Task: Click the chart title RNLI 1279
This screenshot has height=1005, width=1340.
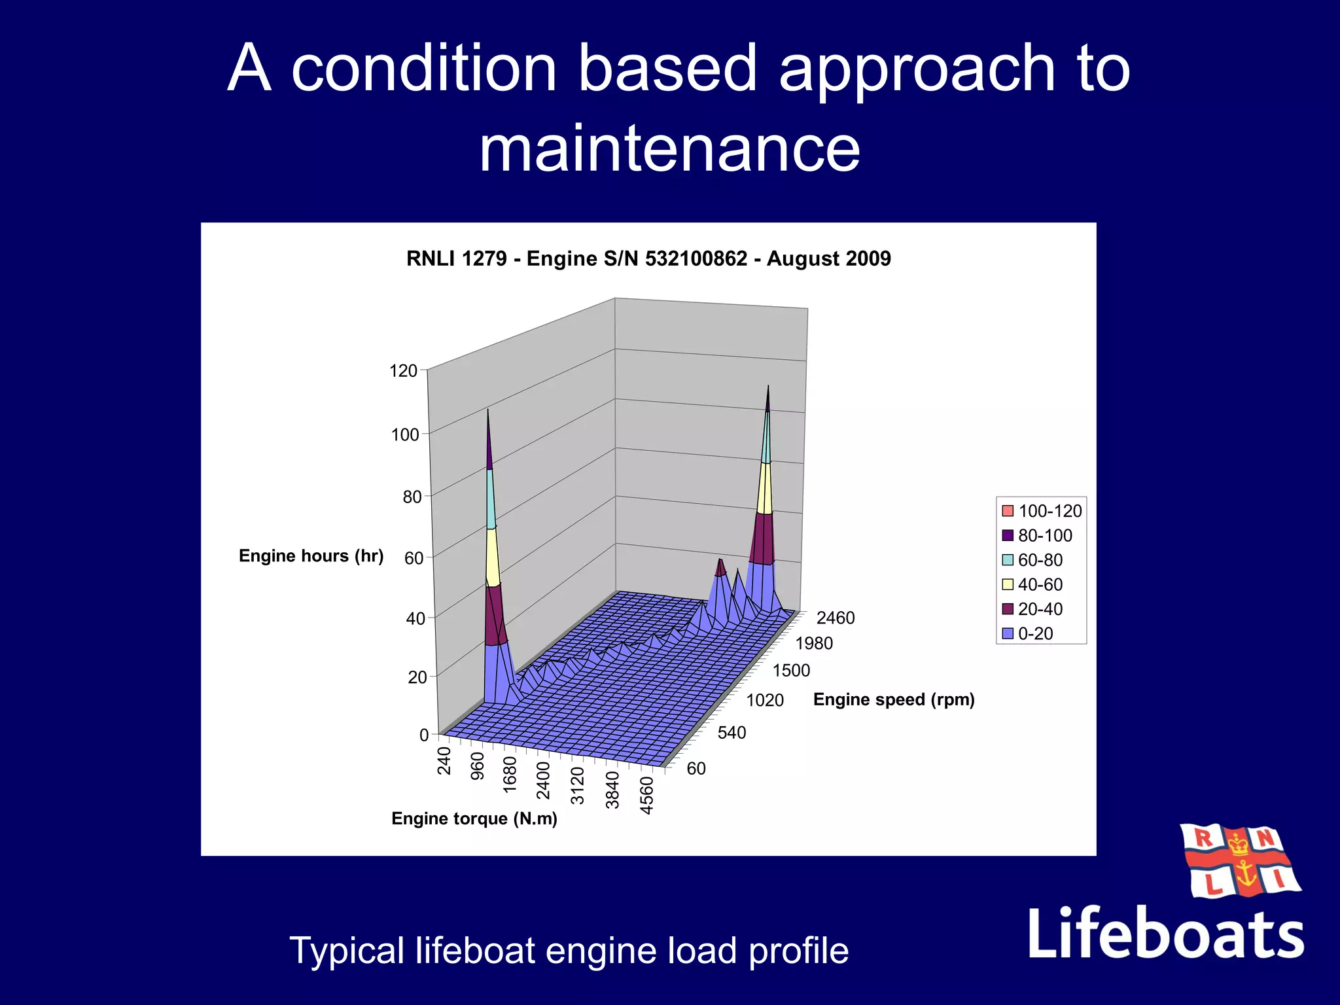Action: coord(648,258)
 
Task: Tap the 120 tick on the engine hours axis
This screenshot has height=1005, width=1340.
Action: coord(403,371)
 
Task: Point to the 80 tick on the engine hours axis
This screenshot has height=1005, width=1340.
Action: coord(412,497)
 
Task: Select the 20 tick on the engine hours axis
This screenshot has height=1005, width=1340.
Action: coord(417,677)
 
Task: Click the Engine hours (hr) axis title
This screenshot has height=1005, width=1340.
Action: coord(311,556)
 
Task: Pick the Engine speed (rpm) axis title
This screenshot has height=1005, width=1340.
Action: coord(894,699)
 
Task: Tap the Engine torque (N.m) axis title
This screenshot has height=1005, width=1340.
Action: coord(474,819)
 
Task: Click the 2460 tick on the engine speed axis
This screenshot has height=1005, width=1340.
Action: coord(836,618)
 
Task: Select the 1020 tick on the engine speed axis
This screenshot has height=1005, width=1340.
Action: coord(765,701)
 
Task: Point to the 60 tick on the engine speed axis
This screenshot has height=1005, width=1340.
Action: coord(696,769)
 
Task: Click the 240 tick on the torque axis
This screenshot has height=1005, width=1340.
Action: coord(445,761)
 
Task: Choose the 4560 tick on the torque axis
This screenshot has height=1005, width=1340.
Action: coord(646,796)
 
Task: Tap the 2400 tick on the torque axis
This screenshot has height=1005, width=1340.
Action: coord(543,781)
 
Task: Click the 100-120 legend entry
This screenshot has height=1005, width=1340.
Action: coord(1042,511)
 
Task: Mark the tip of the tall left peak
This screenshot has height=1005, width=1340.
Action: coord(487,411)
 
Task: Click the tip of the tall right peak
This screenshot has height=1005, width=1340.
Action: coord(768,387)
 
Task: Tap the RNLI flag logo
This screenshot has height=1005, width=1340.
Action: coord(1239,860)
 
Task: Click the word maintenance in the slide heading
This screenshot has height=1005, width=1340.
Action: coord(669,149)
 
